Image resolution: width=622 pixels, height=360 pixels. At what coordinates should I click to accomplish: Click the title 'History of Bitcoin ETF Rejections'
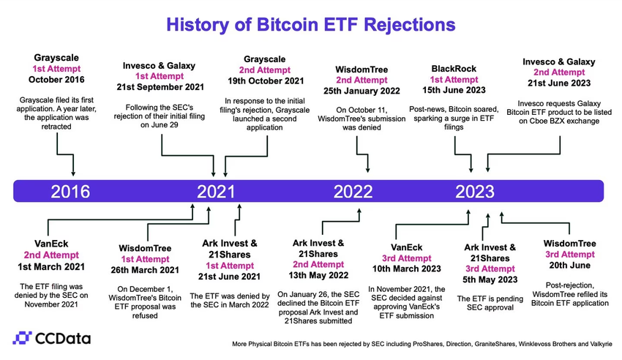310,23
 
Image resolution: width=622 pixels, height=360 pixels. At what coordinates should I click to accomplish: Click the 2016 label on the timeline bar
70,192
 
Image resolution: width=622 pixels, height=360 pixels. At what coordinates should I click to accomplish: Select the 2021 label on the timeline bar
217,192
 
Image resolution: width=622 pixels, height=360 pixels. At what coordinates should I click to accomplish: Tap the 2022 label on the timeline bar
353,192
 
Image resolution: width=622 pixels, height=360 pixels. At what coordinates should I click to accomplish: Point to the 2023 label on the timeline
475,192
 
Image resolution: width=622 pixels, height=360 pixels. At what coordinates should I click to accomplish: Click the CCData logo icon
25,338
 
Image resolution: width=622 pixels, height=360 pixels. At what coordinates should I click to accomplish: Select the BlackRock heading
454,68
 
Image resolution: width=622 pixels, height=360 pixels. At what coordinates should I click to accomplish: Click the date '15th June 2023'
454,90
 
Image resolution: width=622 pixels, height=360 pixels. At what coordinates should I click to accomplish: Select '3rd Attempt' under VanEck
406,258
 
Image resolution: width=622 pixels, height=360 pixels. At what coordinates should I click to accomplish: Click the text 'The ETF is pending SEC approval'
490,304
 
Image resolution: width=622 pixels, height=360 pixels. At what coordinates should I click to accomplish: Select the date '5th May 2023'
490,280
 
